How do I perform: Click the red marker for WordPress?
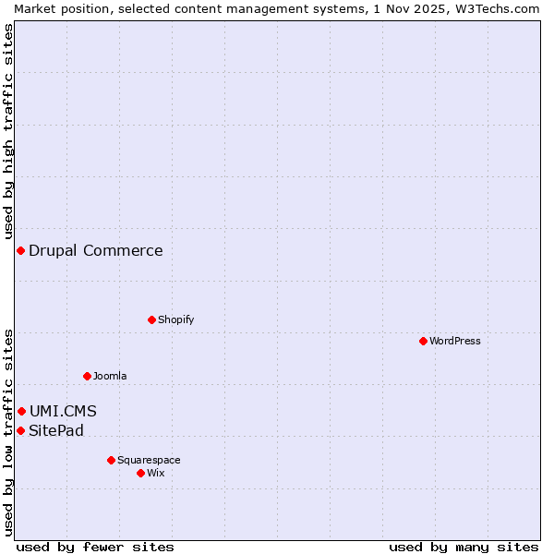point(423,341)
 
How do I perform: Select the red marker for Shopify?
point(151,319)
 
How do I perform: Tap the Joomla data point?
point(87,376)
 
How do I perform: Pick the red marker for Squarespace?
point(111,460)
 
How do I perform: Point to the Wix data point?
point(140,473)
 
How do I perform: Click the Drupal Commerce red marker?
point(20,250)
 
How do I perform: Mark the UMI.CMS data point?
point(21,411)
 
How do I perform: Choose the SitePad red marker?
point(20,430)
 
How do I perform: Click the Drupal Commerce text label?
point(95,250)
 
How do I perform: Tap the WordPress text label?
point(455,341)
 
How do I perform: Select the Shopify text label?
point(175,319)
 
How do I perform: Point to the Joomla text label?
point(110,376)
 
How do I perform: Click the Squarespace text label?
point(149,460)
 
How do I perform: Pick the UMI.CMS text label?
point(63,411)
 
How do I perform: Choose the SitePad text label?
point(56,430)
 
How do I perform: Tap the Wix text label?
point(155,473)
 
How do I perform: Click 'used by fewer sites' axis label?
point(95,547)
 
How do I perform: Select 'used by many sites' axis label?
point(464,547)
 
